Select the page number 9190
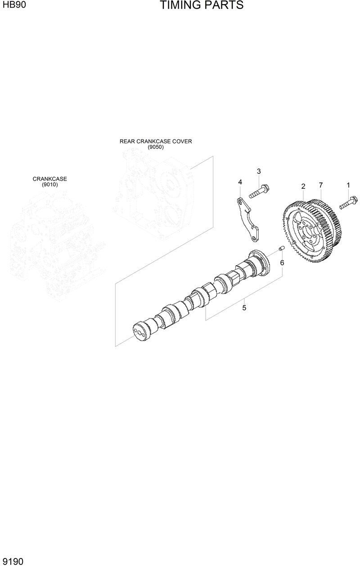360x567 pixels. coord(13,561)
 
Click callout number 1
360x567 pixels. coord(348,185)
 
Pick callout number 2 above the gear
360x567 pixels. coord(303,186)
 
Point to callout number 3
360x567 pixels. coord(259,171)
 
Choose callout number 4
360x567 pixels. coord(240,182)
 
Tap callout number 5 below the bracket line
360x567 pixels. coord(244,308)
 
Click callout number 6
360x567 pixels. coord(282,263)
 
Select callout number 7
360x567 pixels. coord(320,185)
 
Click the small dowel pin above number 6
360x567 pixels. coord(281,248)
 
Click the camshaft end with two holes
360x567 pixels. coord(140,332)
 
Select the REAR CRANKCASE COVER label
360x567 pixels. coord(155,141)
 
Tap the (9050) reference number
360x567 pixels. coord(155,147)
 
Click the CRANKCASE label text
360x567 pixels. coord(49,179)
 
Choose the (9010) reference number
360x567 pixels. coord(49,185)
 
